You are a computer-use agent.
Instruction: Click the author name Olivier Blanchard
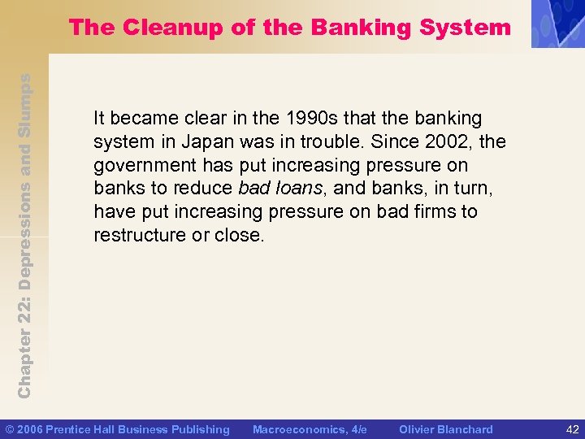pos(446,429)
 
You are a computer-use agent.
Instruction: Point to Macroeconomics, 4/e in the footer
pos(310,429)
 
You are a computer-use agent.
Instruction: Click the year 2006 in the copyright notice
pos(32,429)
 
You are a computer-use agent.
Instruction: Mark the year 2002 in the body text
pos(448,142)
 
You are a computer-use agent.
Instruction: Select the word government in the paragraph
pos(143,166)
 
